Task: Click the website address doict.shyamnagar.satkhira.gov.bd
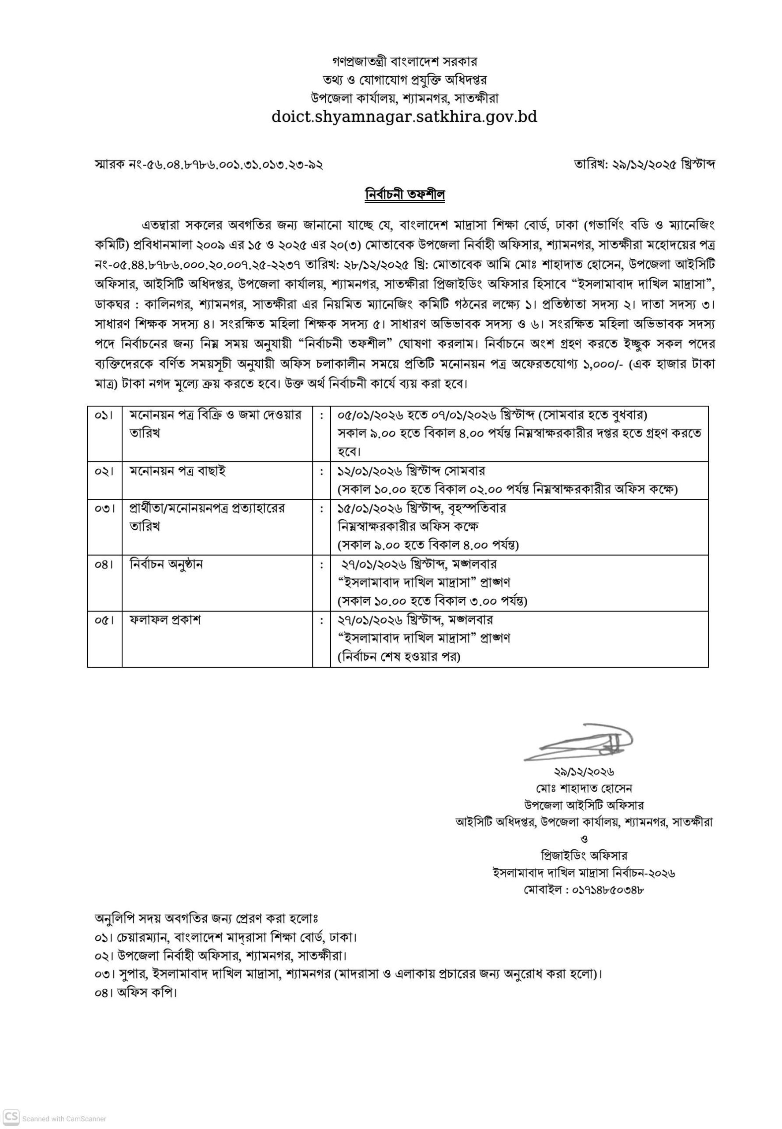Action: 404,117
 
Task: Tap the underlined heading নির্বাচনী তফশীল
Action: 405,194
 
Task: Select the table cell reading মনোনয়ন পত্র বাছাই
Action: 177,471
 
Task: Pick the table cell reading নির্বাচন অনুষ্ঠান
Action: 166,564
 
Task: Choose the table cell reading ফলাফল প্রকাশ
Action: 165,620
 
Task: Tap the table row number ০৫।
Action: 104,620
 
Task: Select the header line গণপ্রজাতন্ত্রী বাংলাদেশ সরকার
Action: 404,62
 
